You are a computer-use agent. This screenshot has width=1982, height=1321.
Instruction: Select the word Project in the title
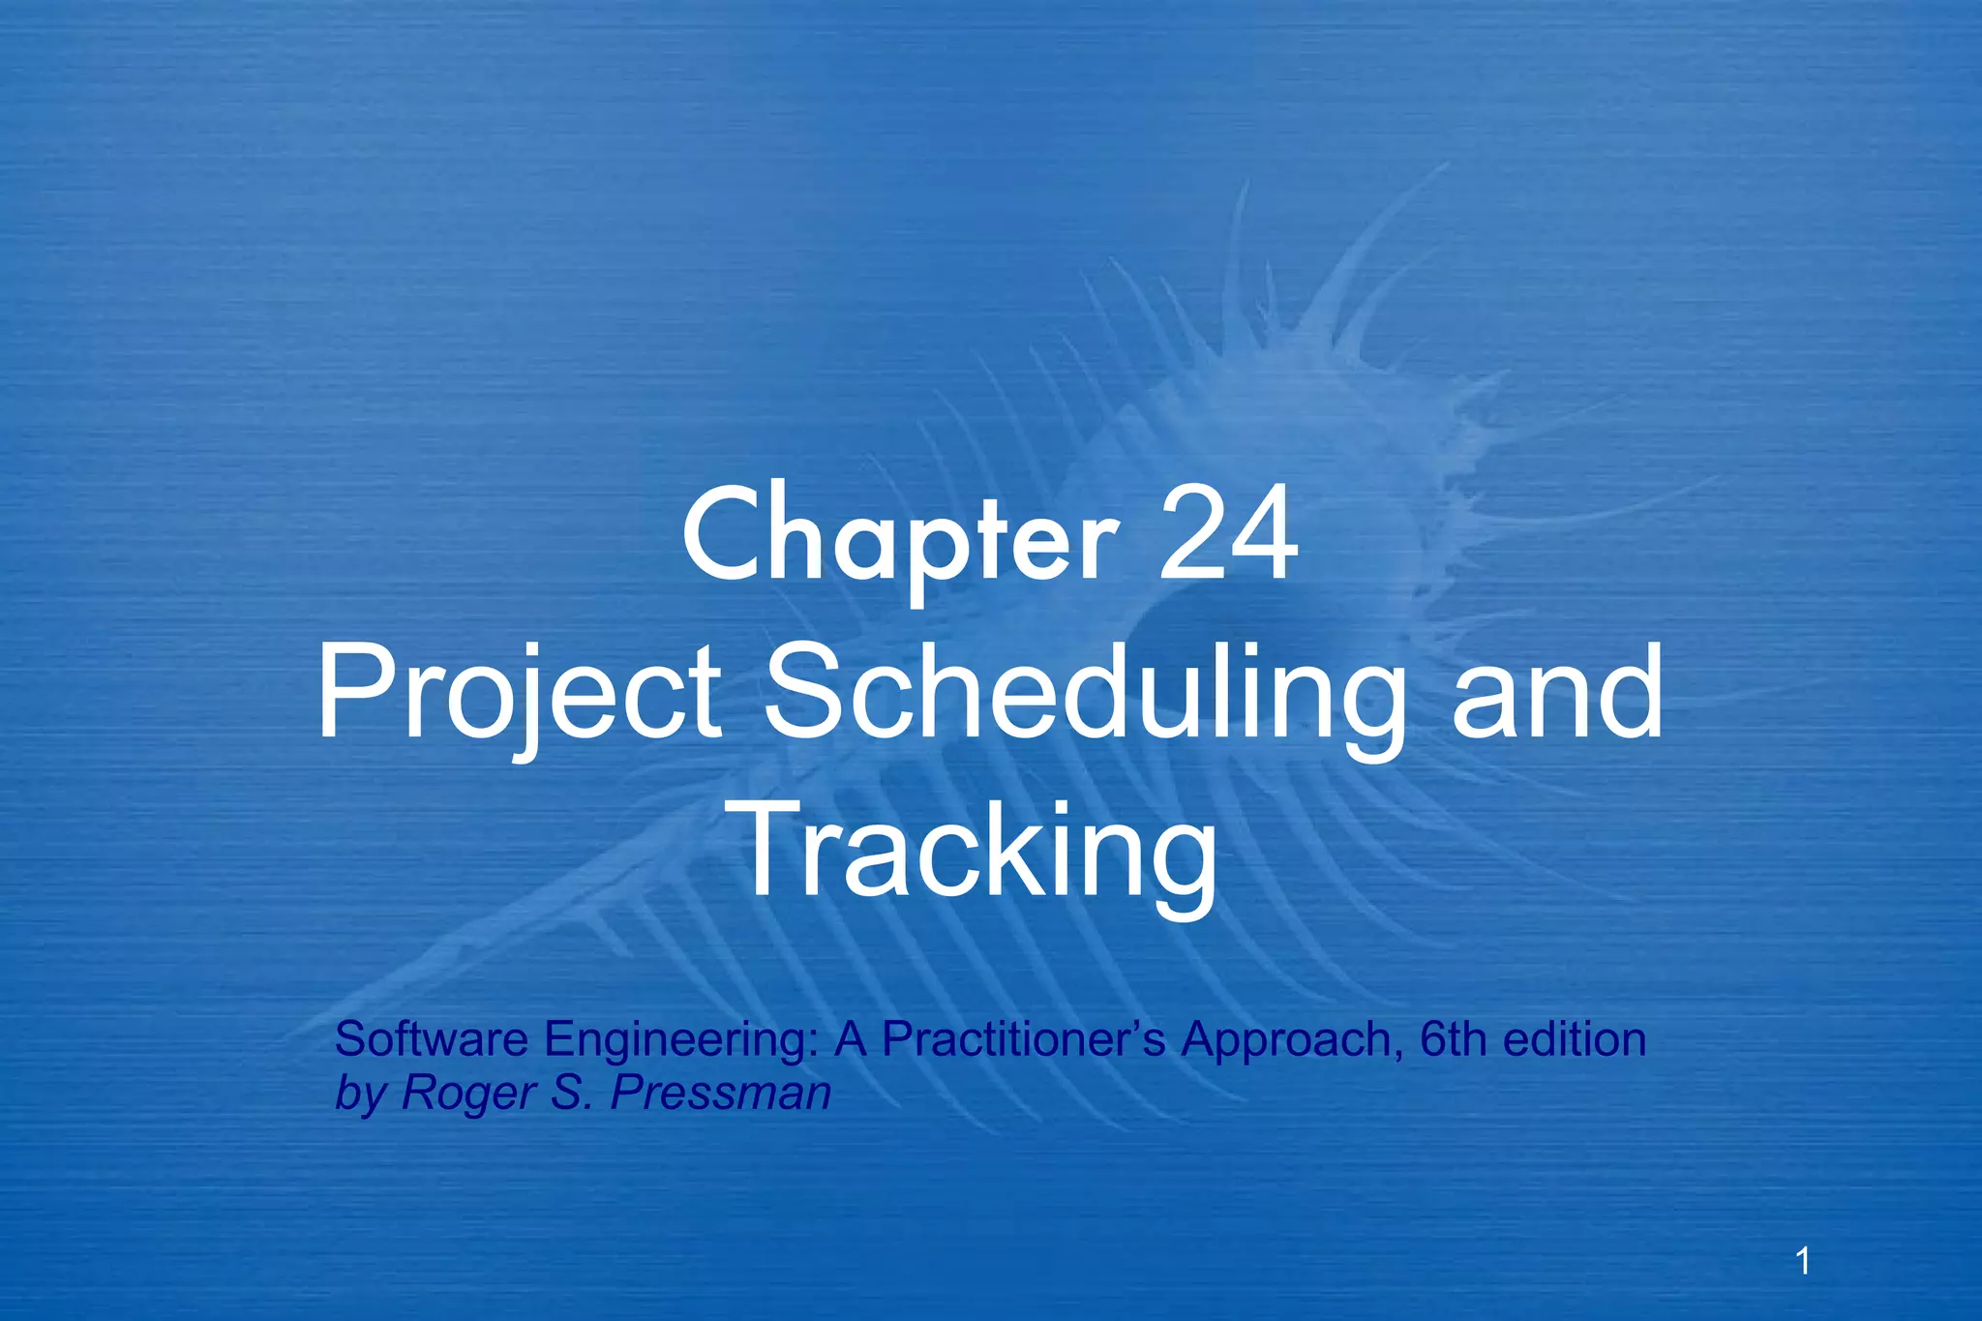(518, 695)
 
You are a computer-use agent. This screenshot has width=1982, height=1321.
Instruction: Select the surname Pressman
(721, 1094)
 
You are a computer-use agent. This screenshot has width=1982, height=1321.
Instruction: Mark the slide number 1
(1803, 1262)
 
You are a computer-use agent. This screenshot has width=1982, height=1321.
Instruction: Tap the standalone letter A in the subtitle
(851, 1039)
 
